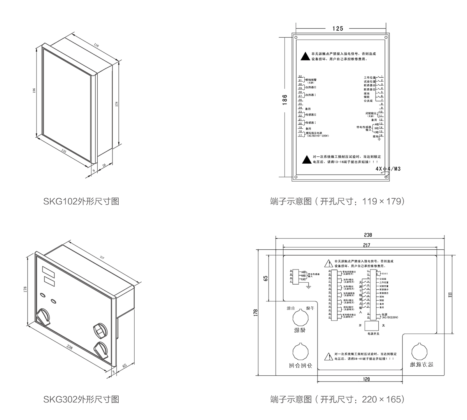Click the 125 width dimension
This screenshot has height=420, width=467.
click(x=338, y=28)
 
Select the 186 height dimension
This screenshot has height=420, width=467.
click(x=284, y=100)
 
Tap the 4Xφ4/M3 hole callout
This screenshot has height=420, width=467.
click(x=388, y=169)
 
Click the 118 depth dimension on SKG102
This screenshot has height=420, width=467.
click(x=97, y=45)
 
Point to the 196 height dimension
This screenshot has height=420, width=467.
click(x=34, y=90)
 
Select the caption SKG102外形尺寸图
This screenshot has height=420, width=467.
click(x=81, y=201)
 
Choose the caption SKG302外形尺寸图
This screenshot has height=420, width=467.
click(x=81, y=399)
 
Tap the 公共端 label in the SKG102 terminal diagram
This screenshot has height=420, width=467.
click(x=368, y=101)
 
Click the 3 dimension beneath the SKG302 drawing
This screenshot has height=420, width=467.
click(x=113, y=372)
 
